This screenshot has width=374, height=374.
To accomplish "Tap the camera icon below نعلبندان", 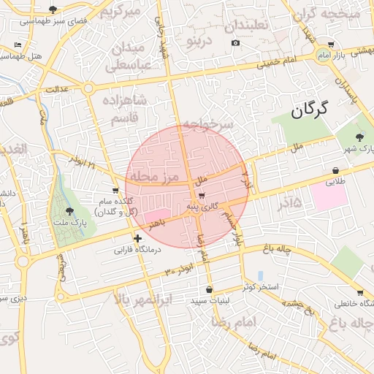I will [x=235, y=43].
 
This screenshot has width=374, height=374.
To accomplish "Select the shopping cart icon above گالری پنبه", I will [x=201, y=195].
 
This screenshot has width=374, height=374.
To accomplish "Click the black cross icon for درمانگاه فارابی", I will [x=137, y=238].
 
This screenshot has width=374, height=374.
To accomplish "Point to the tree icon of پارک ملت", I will [x=69, y=210].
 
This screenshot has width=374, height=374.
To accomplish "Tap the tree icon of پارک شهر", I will [x=359, y=137].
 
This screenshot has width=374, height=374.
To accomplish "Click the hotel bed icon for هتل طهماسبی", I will [x=18, y=45].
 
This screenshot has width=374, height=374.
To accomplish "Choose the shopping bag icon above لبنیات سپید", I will [x=210, y=289].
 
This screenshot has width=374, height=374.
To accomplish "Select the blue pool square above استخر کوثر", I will [x=260, y=275].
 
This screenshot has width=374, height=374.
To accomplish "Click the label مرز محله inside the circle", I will [x=152, y=178].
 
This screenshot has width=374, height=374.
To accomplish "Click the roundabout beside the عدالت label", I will [x=88, y=88].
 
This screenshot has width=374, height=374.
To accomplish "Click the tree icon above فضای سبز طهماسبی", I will [x=53, y=9].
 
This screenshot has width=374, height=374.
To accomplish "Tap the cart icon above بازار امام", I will [x=322, y=56].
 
